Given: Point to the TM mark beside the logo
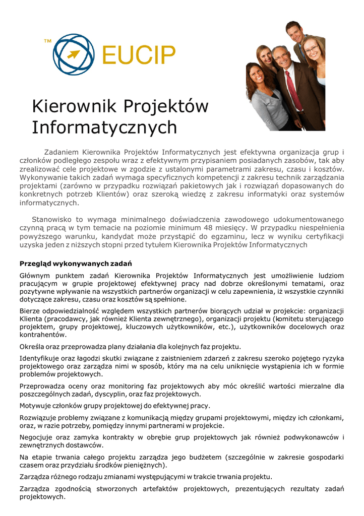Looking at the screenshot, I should [x=47, y=41].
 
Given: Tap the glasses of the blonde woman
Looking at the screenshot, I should [x=311, y=49].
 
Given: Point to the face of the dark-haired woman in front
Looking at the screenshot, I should [x=257, y=75].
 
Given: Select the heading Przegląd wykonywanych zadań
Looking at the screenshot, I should [x=76, y=264].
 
